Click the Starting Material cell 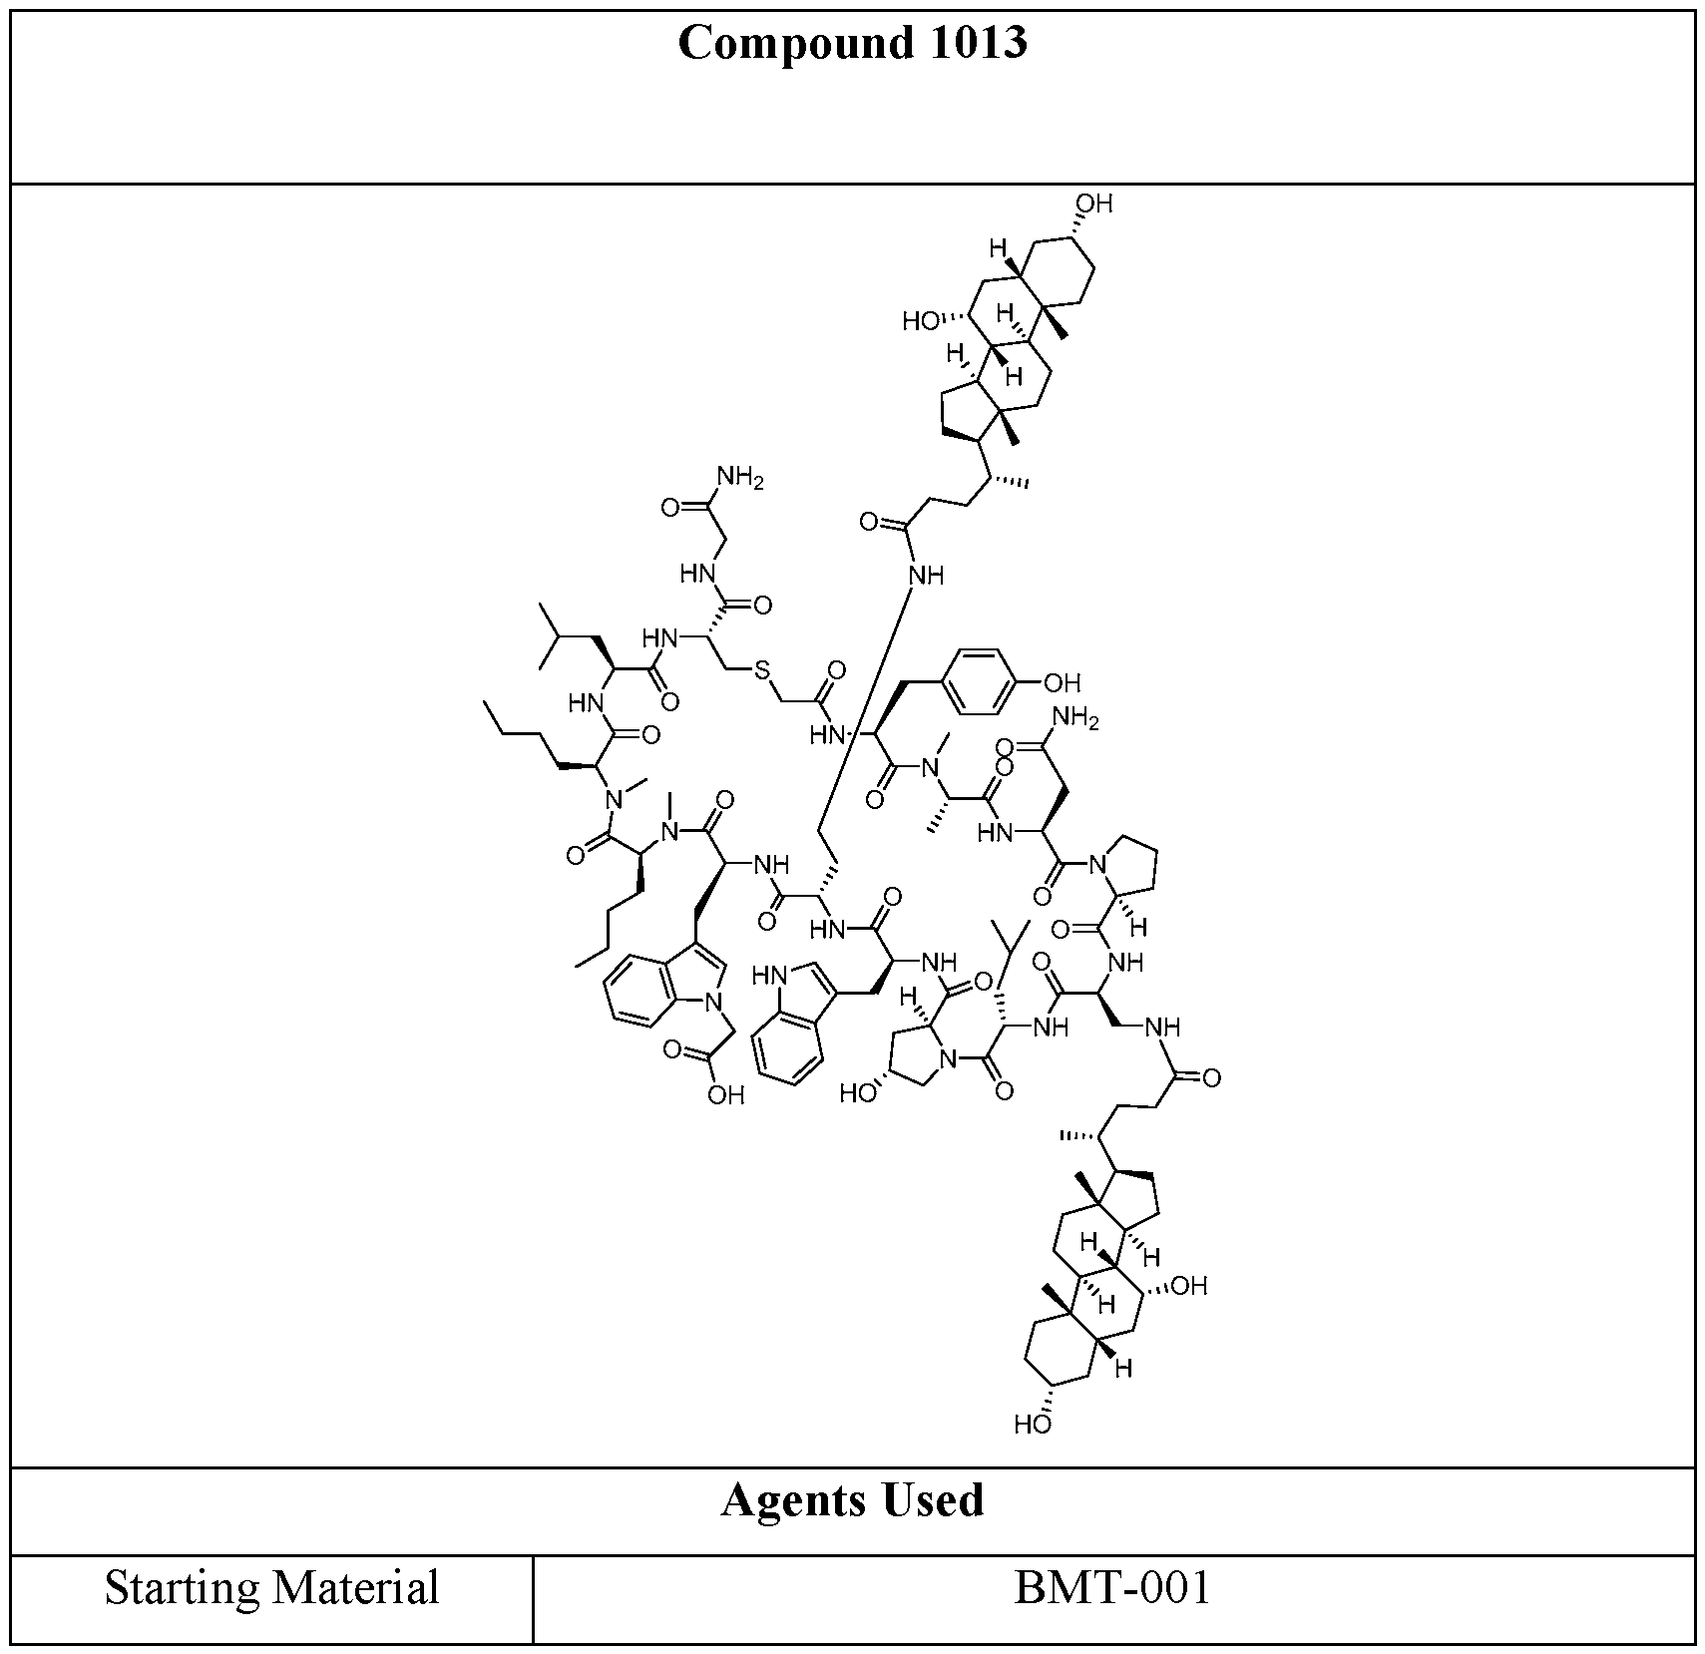(271, 1587)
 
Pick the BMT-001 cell (1112, 1587)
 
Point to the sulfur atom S (763, 670)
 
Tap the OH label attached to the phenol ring (1062, 683)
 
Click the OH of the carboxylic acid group (725, 1096)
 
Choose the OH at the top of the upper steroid (1093, 205)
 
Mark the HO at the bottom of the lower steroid (1033, 1424)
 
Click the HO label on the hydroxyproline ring (858, 1093)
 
